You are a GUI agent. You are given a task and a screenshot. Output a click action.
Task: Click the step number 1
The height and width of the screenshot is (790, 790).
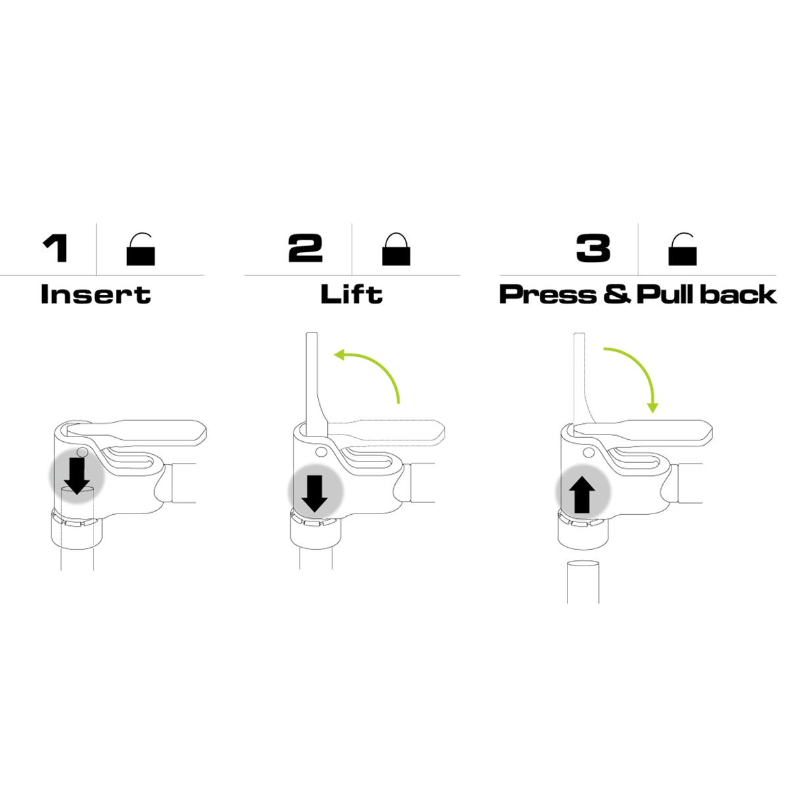tap(55, 248)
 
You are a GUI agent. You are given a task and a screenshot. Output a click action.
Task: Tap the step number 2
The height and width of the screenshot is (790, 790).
tap(305, 248)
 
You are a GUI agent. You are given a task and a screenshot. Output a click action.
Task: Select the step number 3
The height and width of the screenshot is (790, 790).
tap(593, 248)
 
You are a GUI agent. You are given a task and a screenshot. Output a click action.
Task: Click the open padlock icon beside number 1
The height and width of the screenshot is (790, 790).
tap(141, 250)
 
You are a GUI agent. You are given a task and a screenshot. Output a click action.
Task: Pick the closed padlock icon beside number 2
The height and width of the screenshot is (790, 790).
tap(396, 250)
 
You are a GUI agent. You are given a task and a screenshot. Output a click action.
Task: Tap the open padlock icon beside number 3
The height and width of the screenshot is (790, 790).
tap(682, 250)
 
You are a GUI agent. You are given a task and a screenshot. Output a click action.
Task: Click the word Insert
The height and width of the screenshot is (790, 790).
tap(96, 294)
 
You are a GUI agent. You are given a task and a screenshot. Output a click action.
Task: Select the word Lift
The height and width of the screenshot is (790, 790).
tap(352, 294)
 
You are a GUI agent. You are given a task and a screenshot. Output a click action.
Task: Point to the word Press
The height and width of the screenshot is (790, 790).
tap(548, 294)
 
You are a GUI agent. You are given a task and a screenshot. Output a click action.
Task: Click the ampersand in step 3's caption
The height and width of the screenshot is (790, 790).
tap(617, 294)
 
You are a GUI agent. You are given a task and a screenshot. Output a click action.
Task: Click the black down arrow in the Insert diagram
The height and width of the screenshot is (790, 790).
tap(76, 476)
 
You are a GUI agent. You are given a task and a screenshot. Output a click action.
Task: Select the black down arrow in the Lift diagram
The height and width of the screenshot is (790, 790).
tap(315, 494)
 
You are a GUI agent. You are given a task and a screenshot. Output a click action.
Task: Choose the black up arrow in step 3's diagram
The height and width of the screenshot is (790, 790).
tap(582, 496)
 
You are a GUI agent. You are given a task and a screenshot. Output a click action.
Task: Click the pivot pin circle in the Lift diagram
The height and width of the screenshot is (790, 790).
tap(322, 452)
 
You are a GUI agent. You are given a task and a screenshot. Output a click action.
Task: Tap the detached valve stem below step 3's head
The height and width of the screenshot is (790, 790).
tap(583, 582)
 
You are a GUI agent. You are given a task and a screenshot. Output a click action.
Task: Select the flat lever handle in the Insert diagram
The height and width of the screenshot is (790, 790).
tap(136, 433)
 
